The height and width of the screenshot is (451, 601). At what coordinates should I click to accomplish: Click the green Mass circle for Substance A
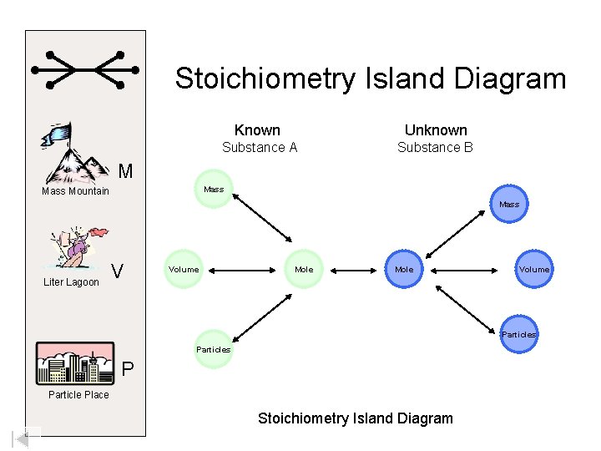coord(214,190)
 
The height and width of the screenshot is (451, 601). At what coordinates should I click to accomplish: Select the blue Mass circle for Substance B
coord(508,204)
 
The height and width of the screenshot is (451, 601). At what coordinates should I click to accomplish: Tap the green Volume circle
coord(184,269)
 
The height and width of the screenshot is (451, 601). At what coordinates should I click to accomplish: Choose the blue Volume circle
coord(533,269)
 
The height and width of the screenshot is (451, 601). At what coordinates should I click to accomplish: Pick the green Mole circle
coord(304,269)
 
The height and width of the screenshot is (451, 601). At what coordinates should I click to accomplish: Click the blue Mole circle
coord(404,269)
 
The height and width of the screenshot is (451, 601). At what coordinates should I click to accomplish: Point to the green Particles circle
coord(213,349)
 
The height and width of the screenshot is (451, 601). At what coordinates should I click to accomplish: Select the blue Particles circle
coord(518,334)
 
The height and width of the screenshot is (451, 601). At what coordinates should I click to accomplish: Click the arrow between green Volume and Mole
coord(244,270)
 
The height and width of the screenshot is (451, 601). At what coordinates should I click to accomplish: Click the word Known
coord(257,130)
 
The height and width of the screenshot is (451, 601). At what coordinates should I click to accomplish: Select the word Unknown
coord(436,130)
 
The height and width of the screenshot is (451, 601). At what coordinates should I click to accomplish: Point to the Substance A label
coord(260,148)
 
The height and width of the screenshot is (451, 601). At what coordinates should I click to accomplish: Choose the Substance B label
coord(435,148)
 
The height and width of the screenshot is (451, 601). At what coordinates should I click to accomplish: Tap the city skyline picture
coord(75,362)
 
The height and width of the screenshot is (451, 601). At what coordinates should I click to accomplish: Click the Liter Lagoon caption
coord(71,282)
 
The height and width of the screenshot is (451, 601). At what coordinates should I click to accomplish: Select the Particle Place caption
coord(78,395)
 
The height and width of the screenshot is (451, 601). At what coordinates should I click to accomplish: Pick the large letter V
coord(119,272)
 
